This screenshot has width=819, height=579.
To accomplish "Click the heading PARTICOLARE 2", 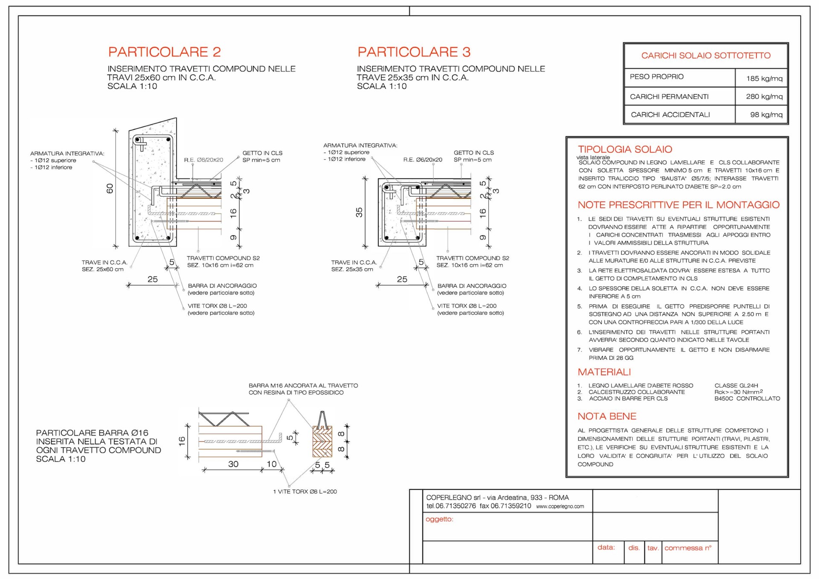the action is tap(165, 52).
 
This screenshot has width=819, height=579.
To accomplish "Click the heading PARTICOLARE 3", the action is tap(414, 52).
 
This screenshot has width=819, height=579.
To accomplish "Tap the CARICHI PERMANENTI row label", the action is tap(669, 97).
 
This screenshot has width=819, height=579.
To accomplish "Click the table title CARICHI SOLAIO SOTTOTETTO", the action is tap(706, 55).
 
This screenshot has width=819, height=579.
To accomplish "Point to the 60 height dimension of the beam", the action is tap(110, 188).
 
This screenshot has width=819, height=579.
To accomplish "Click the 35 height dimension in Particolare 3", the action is tap(359, 212).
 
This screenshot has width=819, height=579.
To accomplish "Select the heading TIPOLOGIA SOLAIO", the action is tap(625, 149).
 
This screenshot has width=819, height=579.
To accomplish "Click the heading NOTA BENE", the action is tap(607, 416).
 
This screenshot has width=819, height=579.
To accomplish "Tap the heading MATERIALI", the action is tap(604, 372).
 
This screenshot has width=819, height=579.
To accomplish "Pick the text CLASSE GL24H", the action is tap(736, 385).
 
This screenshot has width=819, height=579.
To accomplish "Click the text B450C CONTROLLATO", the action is tap(747, 399).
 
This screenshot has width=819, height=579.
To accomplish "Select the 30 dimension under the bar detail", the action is tap(233, 464).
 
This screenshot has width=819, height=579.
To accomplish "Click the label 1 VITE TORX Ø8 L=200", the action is tap(305, 492).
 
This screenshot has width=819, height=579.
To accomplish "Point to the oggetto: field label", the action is tap(439, 519).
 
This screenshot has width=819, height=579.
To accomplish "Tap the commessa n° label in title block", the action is tap(688, 548).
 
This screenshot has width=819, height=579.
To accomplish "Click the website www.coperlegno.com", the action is tap(560, 506).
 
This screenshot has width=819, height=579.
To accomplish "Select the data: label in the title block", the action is tap(606, 547).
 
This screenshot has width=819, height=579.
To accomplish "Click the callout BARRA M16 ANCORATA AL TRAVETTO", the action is tap(303, 386).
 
